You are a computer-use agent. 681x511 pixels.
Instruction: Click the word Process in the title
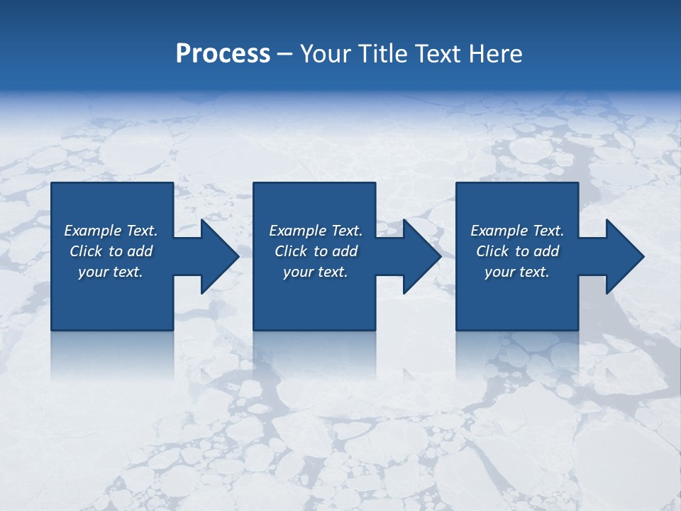point(223,54)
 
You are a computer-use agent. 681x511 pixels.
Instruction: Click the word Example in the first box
point(93,231)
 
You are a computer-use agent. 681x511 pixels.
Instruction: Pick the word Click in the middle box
point(291,251)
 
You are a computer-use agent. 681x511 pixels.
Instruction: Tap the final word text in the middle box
point(333,273)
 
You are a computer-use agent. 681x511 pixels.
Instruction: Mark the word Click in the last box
point(492,251)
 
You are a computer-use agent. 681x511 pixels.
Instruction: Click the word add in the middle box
point(345,251)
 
